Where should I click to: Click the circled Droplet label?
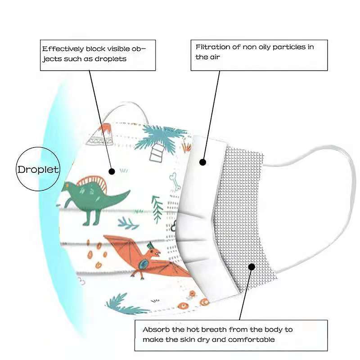click(x=38, y=170)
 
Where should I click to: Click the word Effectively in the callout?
click(x=63, y=49)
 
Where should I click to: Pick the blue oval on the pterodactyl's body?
click(x=143, y=264)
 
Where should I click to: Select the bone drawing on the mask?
click(x=175, y=182)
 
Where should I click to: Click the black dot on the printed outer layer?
click(x=112, y=171)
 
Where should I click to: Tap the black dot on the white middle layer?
click(x=202, y=162)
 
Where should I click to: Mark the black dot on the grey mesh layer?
click(x=252, y=267)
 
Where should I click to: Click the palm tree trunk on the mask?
click(x=157, y=153)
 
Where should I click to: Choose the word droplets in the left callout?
click(x=111, y=59)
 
